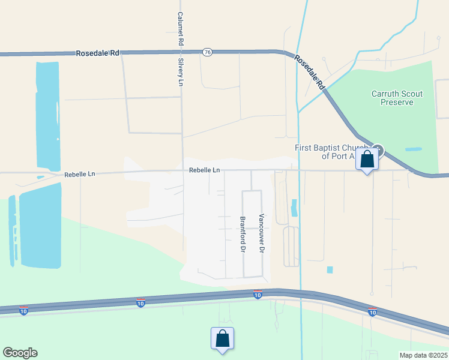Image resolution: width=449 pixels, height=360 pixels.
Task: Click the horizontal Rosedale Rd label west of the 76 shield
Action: pos(97,53)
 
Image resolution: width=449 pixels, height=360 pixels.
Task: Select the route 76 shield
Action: pos(207,52)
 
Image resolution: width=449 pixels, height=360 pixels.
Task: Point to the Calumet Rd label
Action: pos(180,29)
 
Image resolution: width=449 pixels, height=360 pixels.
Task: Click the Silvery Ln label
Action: pos(180,72)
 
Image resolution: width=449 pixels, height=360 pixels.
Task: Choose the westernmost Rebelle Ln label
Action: pos(80,174)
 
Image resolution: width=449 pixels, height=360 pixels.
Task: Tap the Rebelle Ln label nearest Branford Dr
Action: pos(204,170)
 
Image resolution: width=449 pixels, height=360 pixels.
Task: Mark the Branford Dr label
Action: pos(243,234)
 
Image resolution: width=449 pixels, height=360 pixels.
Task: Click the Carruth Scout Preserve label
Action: pos(397,98)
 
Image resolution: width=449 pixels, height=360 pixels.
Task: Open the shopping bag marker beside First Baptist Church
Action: pos(367,160)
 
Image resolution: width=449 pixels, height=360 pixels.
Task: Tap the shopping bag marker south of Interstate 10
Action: pos(222,338)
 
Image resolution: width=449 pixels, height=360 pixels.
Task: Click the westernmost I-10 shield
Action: pos(23,310)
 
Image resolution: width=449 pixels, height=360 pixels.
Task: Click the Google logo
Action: pos(20,352)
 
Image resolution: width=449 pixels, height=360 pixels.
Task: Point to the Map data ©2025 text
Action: pos(423,355)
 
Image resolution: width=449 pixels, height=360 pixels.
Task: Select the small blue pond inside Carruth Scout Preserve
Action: pos(413,149)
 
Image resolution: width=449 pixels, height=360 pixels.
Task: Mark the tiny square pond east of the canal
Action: pos(330,270)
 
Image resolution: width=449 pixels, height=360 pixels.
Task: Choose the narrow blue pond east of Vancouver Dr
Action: pos(294,208)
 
